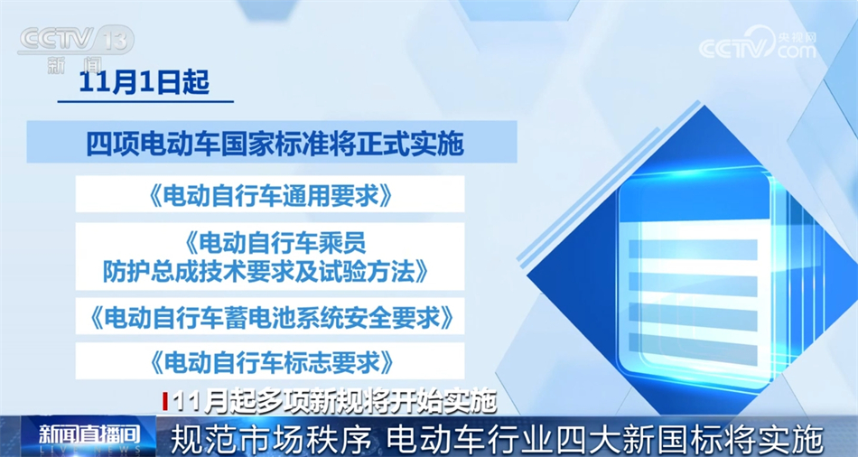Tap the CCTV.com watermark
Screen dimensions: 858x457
click(758, 44)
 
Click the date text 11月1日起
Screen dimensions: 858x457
click(145, 83)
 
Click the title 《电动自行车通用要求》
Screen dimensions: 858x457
click(270, 194)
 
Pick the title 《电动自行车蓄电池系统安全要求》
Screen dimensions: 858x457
click(270, 317)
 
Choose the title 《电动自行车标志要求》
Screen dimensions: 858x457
click(270, 360)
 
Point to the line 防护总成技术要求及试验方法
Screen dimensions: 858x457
click(266, 272)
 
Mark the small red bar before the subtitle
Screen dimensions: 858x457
click(165, 402)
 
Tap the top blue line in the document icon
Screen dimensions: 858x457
click(693, 249)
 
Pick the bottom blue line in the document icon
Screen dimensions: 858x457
click(693, 342)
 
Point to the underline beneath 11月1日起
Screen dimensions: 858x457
click(145, 102)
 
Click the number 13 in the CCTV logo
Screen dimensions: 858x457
click(115, 40)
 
